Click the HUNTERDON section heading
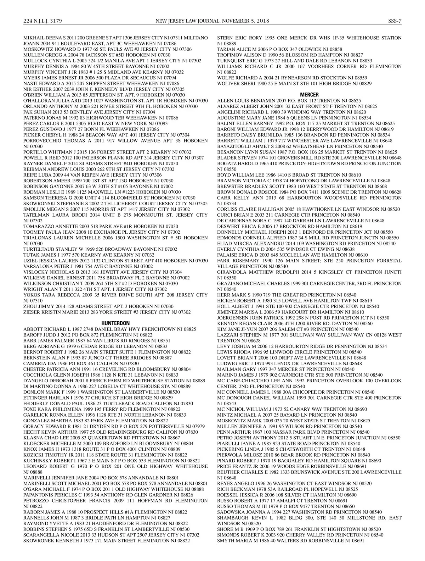115,323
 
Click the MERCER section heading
309,95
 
